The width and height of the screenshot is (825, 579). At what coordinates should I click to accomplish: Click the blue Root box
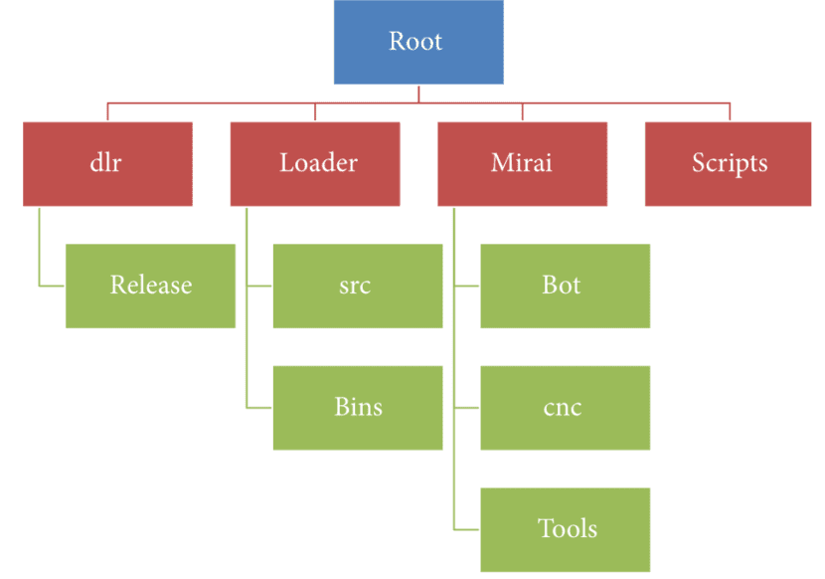click(x=417, y=42)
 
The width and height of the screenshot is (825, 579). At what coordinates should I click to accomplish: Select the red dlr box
click(x=107, y=164)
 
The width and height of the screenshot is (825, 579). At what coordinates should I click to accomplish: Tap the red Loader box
click(x=315, y=164)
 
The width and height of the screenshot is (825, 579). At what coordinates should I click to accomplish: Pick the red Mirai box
click(x=522, y=164)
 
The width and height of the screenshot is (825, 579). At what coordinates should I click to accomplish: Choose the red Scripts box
click(x=730, y=164)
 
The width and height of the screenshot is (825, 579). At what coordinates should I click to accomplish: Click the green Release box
click(x=150, y=286)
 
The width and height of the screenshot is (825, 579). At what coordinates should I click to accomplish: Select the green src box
click(x=357, y=286)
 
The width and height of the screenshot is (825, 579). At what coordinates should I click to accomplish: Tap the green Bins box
click(x=357, y=407)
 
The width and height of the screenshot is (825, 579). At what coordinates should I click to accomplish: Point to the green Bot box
click(x=565, y=286)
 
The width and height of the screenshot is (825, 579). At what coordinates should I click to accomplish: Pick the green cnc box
click(x=565, y=407)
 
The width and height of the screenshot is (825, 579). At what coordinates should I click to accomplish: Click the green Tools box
click(x=565, y=528)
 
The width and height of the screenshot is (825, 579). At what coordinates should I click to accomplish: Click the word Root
click(x=416, y=42)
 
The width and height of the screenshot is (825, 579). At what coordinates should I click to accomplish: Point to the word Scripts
click(x=730, y=163)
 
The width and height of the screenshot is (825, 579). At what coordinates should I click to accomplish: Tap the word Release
click(x=150, y=286)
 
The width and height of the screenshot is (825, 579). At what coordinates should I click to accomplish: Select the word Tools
click(x=568, y=528)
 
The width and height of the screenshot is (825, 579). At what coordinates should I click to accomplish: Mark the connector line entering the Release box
click(x=53, y=286)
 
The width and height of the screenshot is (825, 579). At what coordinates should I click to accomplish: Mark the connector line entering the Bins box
click(x=259, y=407)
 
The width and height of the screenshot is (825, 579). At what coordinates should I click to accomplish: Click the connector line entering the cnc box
click(x=467, y=407)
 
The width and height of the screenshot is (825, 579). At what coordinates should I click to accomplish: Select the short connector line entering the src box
click(x=259, y=286)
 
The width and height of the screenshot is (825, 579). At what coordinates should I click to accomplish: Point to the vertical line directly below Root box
click(x=418, y=94)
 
